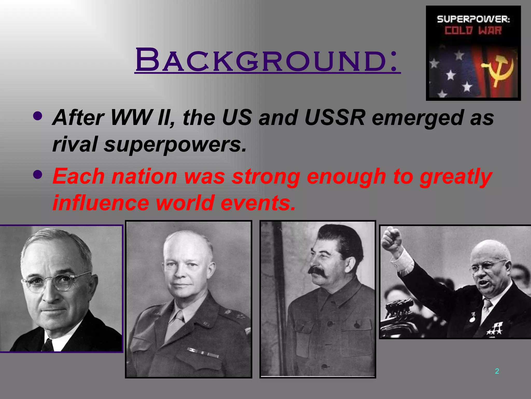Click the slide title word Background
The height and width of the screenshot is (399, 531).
pos(267,60)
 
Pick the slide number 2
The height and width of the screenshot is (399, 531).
pos(497,371)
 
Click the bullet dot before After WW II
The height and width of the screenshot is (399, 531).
pos(38,116)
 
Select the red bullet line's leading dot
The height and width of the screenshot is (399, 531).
pos(38,175)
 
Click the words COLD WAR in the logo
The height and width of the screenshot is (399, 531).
pos(473,31)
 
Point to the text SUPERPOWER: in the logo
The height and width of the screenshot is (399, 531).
pos(473,19)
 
